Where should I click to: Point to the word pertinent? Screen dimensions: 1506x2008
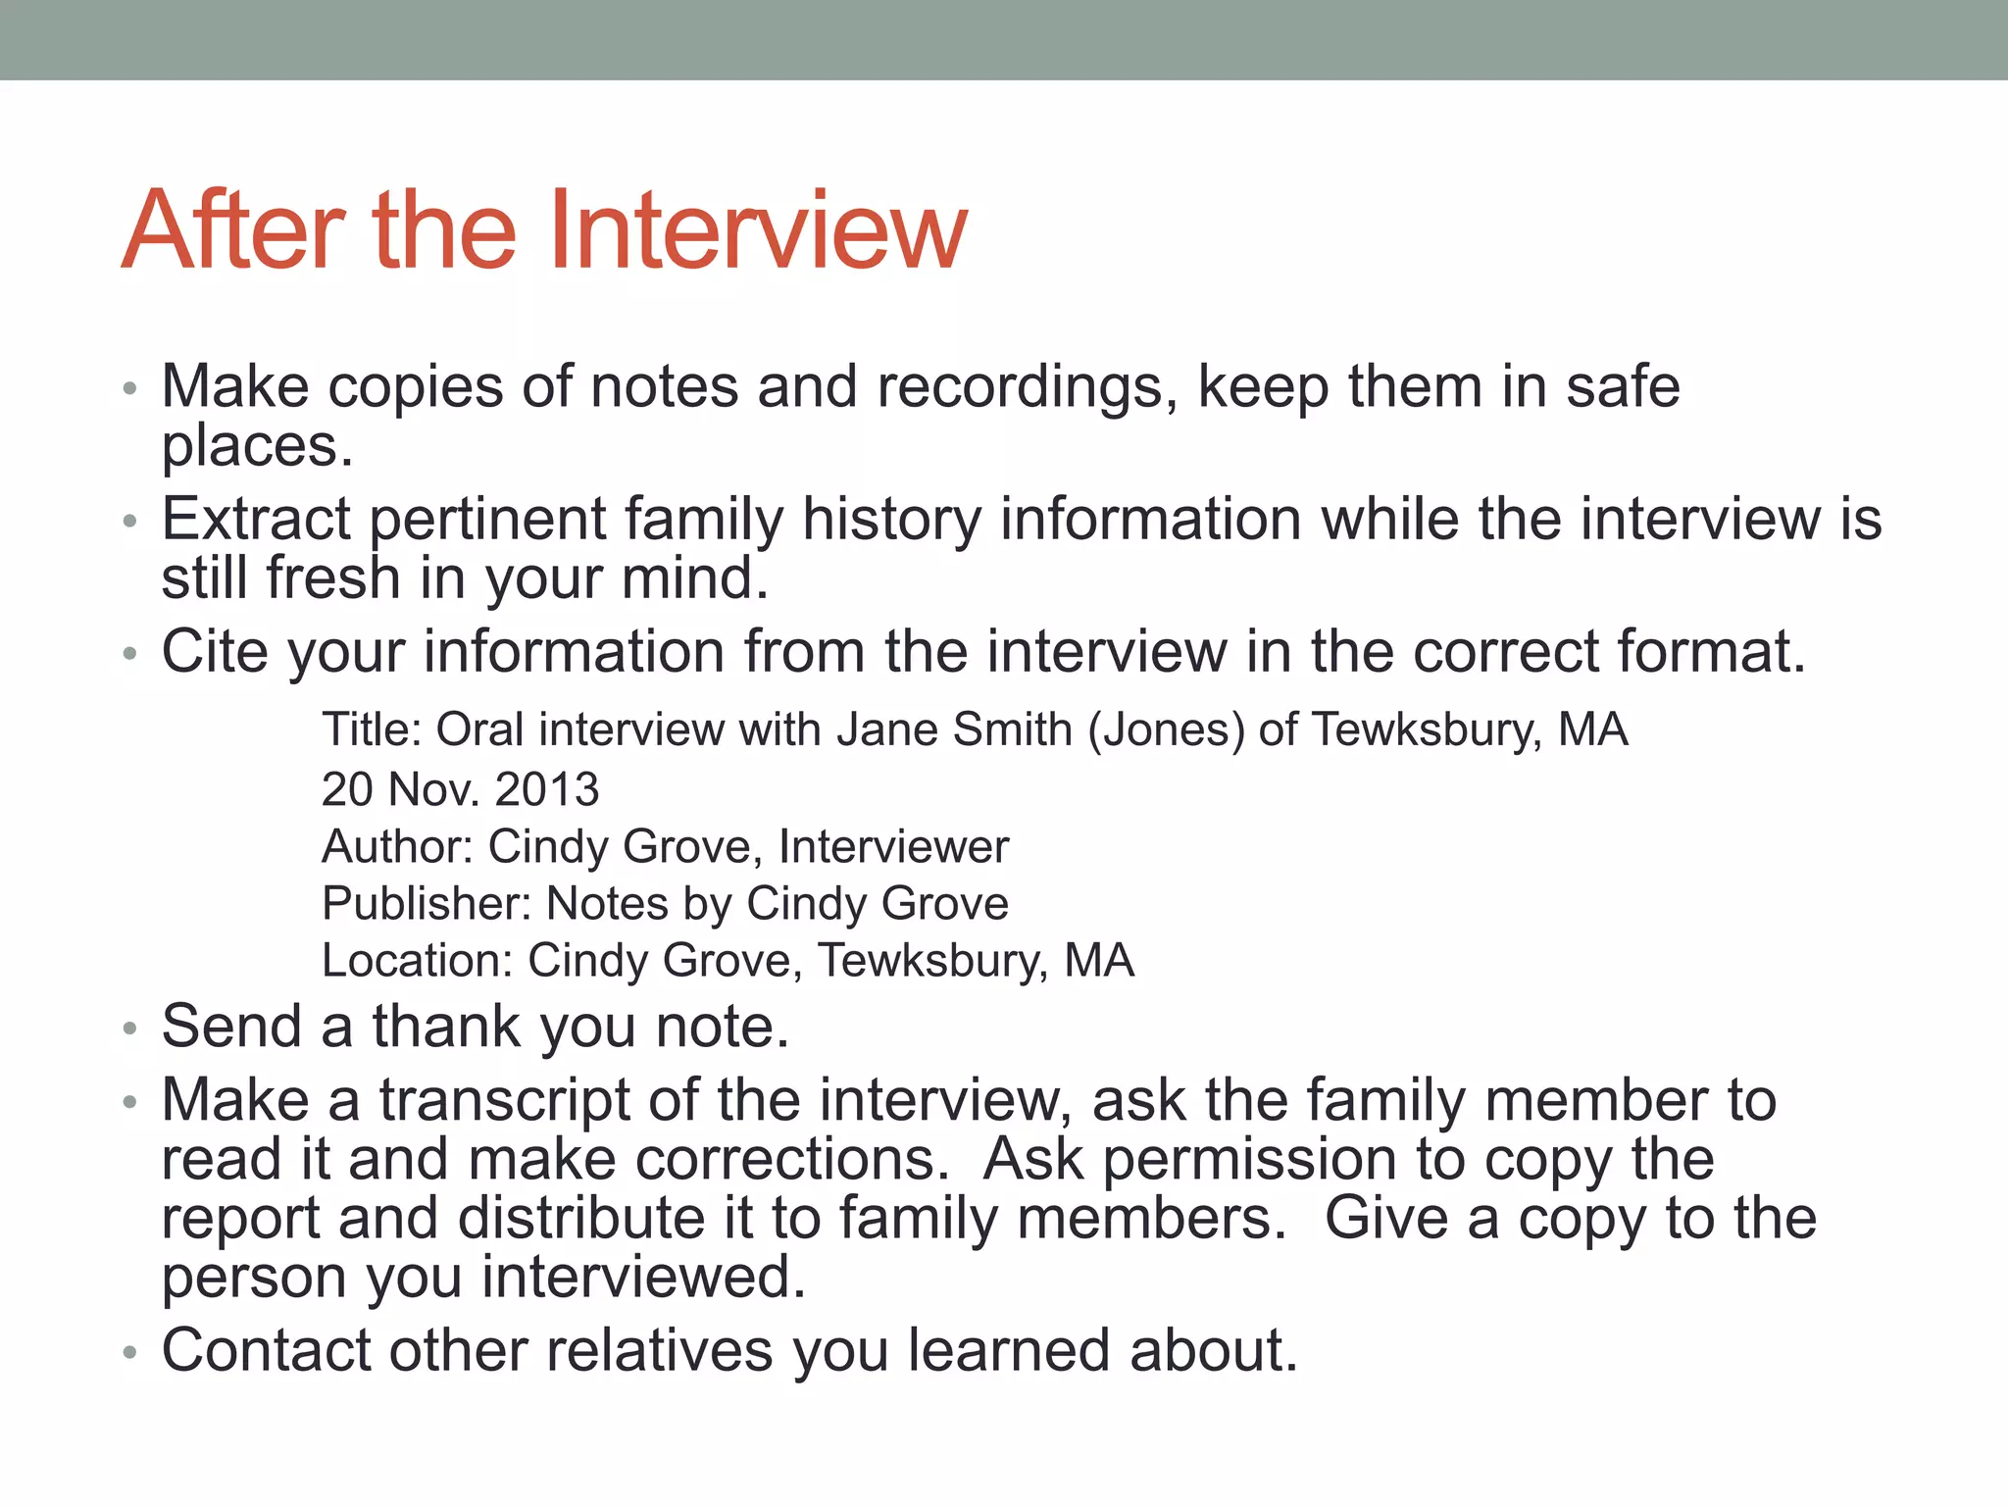487,521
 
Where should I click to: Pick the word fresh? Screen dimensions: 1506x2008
333,577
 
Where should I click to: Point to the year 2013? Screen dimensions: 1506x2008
546,789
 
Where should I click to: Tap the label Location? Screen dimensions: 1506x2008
418,961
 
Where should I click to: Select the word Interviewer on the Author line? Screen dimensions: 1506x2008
893,847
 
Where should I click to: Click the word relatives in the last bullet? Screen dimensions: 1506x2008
659,1350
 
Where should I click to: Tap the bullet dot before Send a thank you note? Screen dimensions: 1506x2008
129,1030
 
